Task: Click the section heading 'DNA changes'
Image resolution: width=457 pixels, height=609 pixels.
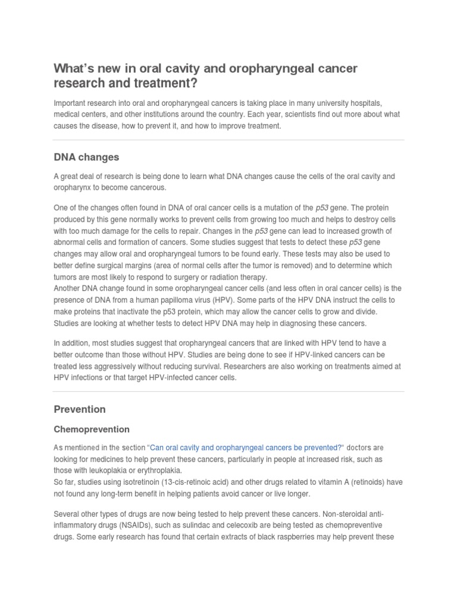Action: click(x=86, y=158)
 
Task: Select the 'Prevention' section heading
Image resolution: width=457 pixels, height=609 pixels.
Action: click(x=80, y=409)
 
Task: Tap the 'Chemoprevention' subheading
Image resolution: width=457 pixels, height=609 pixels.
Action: click(x=92, y=429)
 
